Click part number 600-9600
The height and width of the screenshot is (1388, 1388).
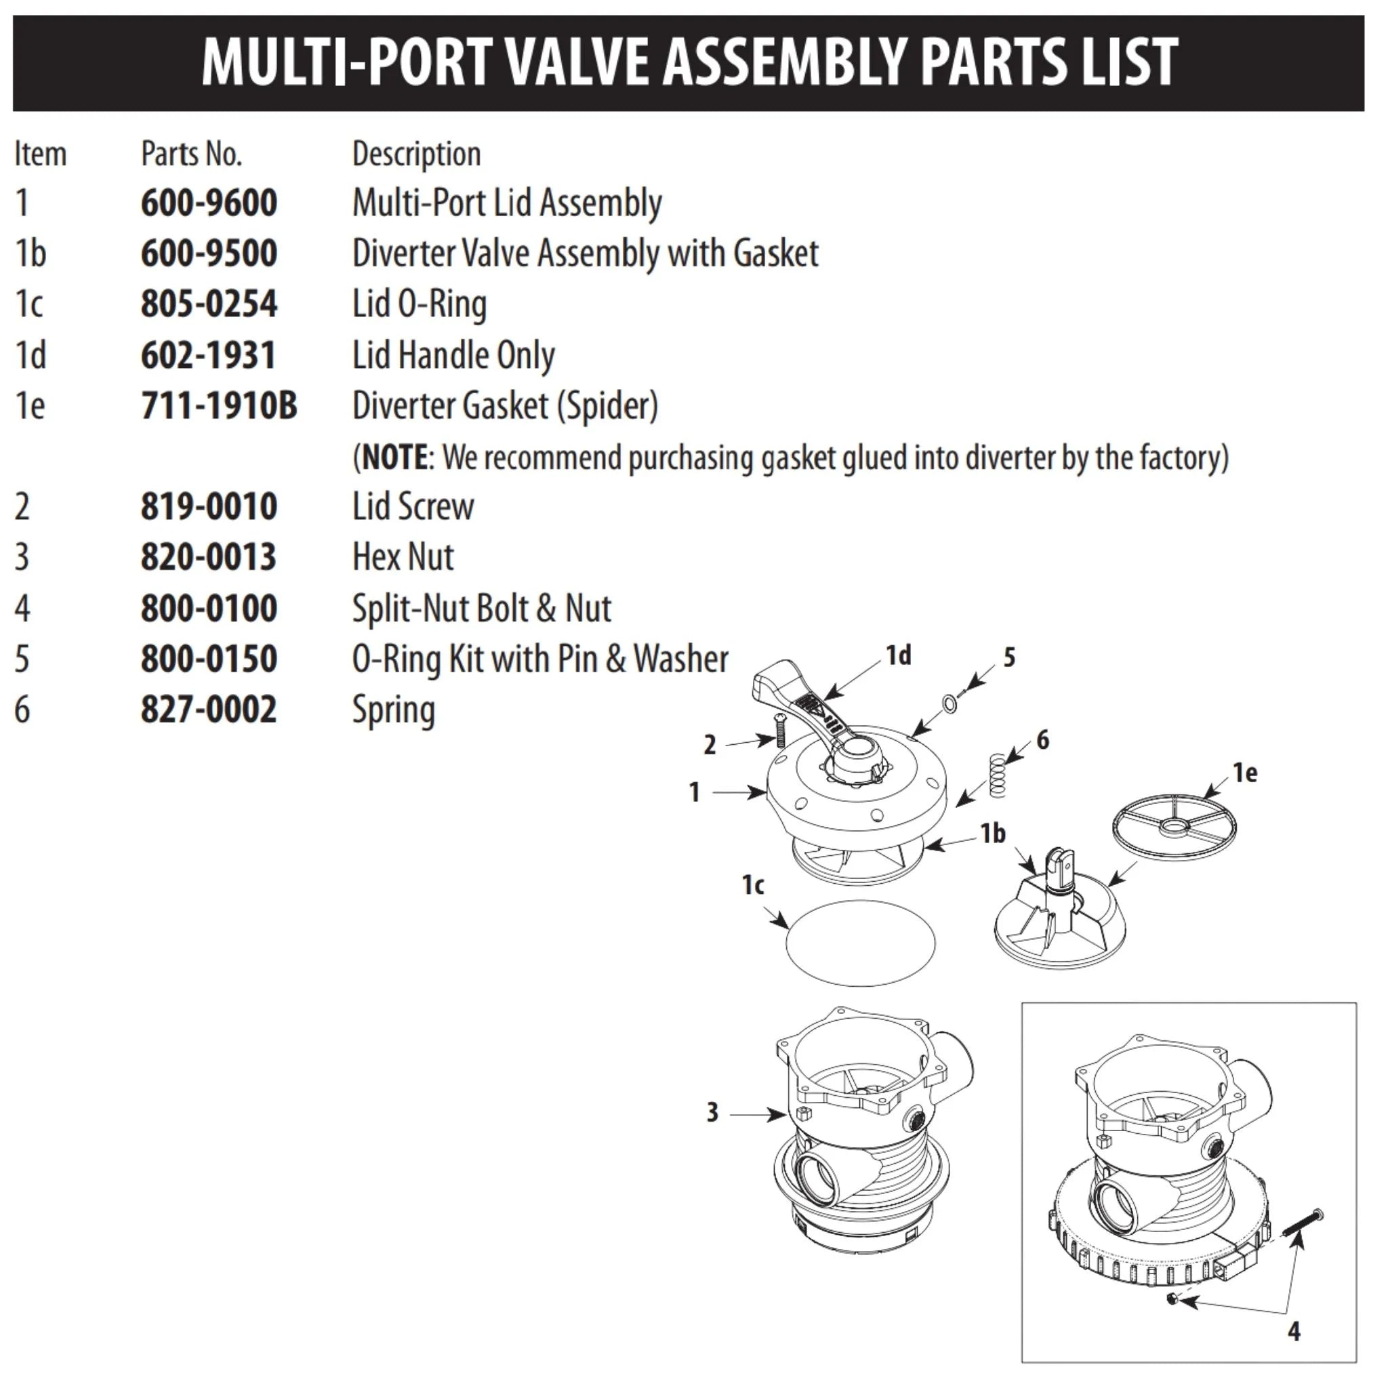pos(208,203)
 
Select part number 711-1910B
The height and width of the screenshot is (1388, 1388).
pos(218,406)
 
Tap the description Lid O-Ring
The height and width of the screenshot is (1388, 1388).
pos(419,304)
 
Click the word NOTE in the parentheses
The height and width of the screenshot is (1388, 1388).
pos(394,457)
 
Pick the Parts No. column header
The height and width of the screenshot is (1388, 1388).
pos(191,154)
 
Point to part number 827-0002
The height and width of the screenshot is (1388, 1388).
pos(208,710)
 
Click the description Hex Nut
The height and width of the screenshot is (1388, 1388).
pos(403,558)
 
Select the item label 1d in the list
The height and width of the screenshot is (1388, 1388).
pos(30,356)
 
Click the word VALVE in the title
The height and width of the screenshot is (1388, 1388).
pos(577,62)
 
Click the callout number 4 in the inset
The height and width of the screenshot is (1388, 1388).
pos(1294,1331)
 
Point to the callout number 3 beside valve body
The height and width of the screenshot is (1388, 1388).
pos(712,1113)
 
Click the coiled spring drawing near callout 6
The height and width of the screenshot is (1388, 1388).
pos(997,775)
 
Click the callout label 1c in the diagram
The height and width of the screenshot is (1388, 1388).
pos(752,885)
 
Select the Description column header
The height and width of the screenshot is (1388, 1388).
pos(416,154)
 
